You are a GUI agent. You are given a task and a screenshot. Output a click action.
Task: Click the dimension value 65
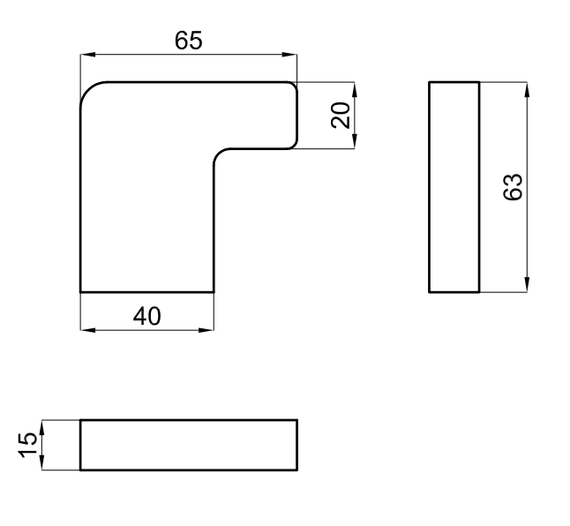188,41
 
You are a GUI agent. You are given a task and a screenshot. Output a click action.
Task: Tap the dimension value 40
146,316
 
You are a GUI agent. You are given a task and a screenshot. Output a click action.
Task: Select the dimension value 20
341,116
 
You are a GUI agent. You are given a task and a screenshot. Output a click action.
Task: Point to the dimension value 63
513,187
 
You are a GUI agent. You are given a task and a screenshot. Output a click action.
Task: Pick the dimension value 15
27,445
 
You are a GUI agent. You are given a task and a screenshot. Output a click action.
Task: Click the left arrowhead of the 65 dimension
87,55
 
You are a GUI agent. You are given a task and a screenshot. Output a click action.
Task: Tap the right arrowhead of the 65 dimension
289,55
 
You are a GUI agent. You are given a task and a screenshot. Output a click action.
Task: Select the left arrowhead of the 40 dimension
87,330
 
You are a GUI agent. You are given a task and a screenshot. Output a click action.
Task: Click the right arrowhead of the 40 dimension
206,330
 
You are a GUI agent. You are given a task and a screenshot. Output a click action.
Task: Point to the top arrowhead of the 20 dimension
355,89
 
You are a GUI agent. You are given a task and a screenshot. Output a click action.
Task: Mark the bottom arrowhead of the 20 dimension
355,141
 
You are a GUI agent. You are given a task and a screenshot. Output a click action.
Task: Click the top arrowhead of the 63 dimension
527,89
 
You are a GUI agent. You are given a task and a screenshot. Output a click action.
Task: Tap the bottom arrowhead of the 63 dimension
527,285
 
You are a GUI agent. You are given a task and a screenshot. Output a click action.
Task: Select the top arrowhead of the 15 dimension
41,427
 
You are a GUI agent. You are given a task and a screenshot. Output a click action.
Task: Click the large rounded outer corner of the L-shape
88,90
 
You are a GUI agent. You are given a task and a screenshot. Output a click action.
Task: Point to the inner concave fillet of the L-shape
219,154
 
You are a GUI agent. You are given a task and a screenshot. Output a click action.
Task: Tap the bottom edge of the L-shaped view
146,292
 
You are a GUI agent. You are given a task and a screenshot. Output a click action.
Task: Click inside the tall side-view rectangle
454,187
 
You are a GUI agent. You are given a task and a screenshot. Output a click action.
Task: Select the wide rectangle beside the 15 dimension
189,445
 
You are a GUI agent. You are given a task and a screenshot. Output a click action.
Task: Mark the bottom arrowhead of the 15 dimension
41,462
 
